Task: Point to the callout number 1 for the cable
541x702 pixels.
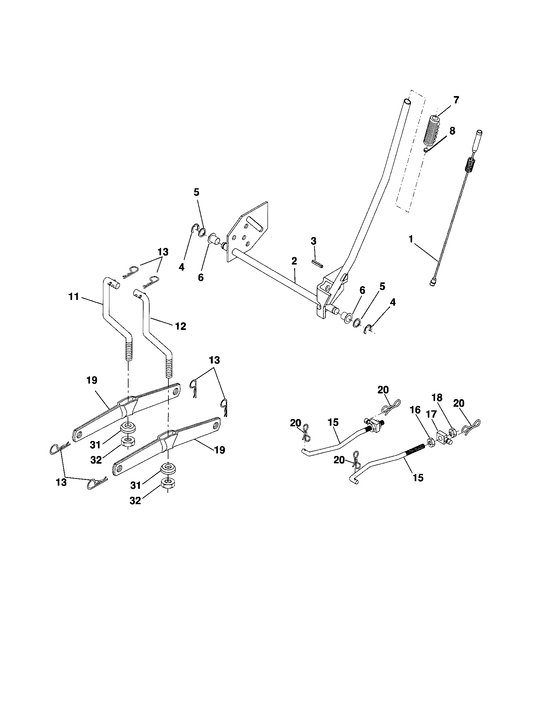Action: (x=410, y=239)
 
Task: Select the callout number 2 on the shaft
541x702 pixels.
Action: (x=294, y=261)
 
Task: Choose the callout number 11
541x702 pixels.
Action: (x=74, y=296)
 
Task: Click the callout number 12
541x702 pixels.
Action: (x=180, y=326)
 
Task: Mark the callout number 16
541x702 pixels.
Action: (x=415, y=410)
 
